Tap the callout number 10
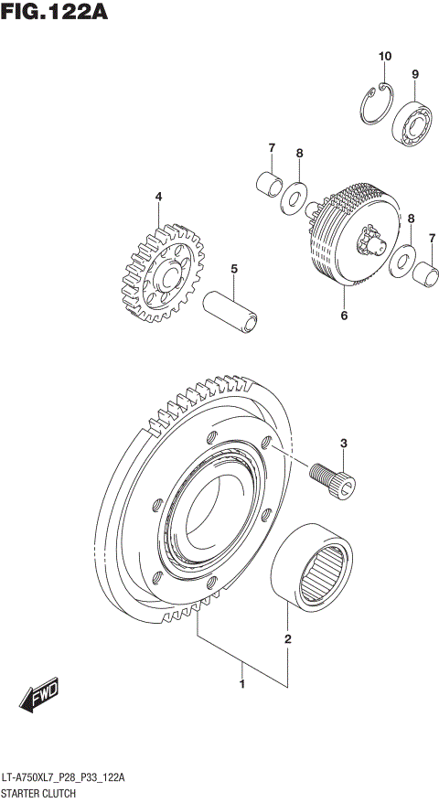[385, 57]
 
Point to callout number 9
[414, 74]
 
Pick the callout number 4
[158, 196]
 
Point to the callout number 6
[344, 316]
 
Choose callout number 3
[344, 444]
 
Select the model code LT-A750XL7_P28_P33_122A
[63, 776]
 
